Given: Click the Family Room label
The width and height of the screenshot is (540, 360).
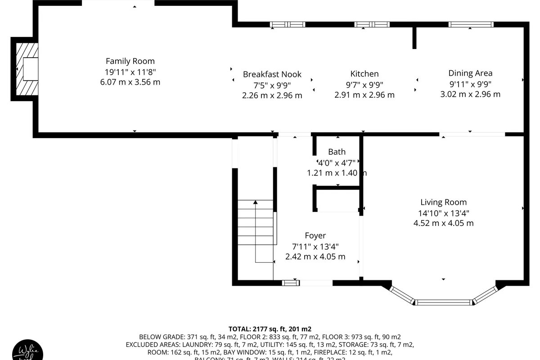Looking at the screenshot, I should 130,61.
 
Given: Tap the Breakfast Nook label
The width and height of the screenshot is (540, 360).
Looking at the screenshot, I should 272,74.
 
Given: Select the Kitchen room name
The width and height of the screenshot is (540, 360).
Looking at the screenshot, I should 364,74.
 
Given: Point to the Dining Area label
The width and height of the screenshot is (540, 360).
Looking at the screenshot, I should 470,73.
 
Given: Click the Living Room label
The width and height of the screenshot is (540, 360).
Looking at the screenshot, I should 443,202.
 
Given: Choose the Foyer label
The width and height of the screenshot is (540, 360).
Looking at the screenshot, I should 315,236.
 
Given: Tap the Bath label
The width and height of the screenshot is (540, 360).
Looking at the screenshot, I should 337,152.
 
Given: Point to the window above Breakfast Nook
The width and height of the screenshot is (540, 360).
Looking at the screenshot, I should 288,24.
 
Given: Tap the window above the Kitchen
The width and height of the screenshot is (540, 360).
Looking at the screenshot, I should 372,24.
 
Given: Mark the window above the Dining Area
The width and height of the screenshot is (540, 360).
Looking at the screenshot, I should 471,24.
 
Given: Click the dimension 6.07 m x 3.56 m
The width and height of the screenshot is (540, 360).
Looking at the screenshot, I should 130,82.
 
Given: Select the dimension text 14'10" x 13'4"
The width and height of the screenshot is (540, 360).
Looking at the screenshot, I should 443,213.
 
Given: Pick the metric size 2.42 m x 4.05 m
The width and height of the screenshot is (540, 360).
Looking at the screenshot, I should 315,256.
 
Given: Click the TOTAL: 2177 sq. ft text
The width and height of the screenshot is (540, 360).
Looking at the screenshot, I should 270,329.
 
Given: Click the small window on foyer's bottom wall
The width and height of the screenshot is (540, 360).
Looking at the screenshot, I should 291,283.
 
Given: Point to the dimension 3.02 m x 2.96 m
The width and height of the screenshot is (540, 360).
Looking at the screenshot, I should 470,94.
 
